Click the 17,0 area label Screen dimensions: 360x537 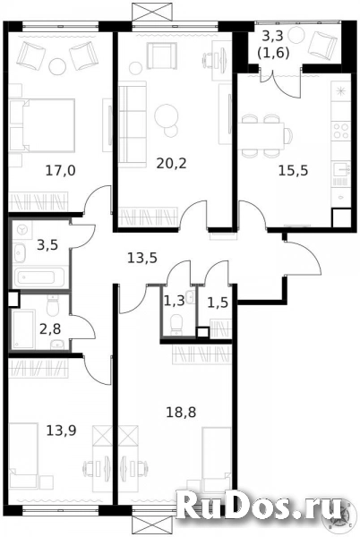coord(60,170)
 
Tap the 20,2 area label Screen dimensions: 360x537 coord(171,164)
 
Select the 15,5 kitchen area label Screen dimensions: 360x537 coord(293,170)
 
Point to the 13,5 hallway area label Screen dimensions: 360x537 coord(142,258)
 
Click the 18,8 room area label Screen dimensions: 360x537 coord(181,413)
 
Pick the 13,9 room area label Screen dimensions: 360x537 coord(61,430)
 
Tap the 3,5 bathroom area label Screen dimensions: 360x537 coord(47,245)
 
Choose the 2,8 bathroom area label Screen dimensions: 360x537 coord(50,329)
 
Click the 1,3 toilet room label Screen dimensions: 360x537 coord(175,302)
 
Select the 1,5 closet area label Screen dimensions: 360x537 coord(218,303)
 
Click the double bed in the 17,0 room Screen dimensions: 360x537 coord(42,125)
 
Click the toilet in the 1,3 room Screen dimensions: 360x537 coord(176,324)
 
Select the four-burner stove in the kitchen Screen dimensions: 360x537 coord(341,131)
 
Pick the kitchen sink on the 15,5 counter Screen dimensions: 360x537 coord(341,169)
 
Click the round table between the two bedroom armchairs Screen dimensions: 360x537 coord(56,66)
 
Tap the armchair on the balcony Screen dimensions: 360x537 coord(322,44)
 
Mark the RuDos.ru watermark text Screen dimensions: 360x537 coord(261,507)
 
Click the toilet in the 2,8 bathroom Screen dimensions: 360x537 coord(53,306)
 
